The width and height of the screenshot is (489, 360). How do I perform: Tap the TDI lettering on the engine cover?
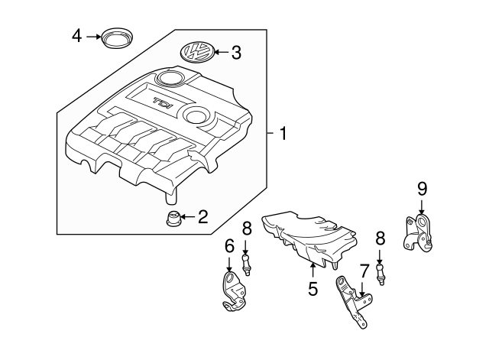(162, 102)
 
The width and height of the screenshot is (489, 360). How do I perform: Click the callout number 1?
(283, 135)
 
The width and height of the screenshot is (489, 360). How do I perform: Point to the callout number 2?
(202, 218)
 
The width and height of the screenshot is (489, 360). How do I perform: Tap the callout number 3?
(236, 53)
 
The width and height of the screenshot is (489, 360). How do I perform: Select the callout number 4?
(77, 35)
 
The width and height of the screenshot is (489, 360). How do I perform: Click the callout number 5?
(313, 289)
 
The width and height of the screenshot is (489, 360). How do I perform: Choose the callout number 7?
(364, 270)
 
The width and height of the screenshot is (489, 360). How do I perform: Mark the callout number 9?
(421, 188)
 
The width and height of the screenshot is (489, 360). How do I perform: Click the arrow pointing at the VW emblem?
(219, 53)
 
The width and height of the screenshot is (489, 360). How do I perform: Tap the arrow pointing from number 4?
(93, 36)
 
